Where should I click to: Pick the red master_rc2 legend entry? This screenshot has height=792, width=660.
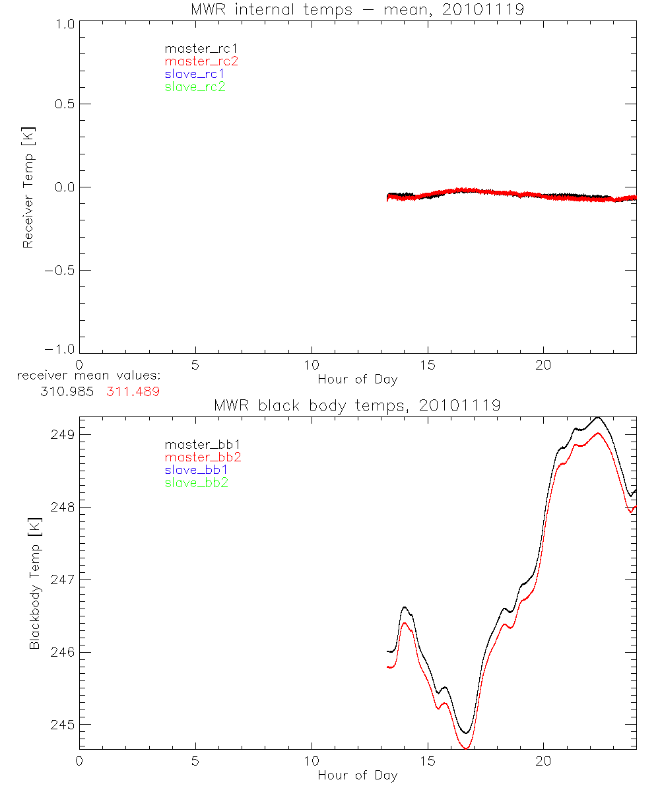coord(201,61)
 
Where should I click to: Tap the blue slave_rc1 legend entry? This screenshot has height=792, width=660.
coord(195,74)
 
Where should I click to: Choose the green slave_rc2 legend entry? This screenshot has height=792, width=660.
coord(195,87)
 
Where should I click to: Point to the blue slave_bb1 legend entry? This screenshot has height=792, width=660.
coord(196,470)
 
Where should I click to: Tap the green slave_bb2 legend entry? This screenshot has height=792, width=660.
coord(196,483)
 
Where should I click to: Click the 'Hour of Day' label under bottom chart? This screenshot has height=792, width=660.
coord(357,775)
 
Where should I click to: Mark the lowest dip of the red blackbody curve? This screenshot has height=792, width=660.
coord(467,748)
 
